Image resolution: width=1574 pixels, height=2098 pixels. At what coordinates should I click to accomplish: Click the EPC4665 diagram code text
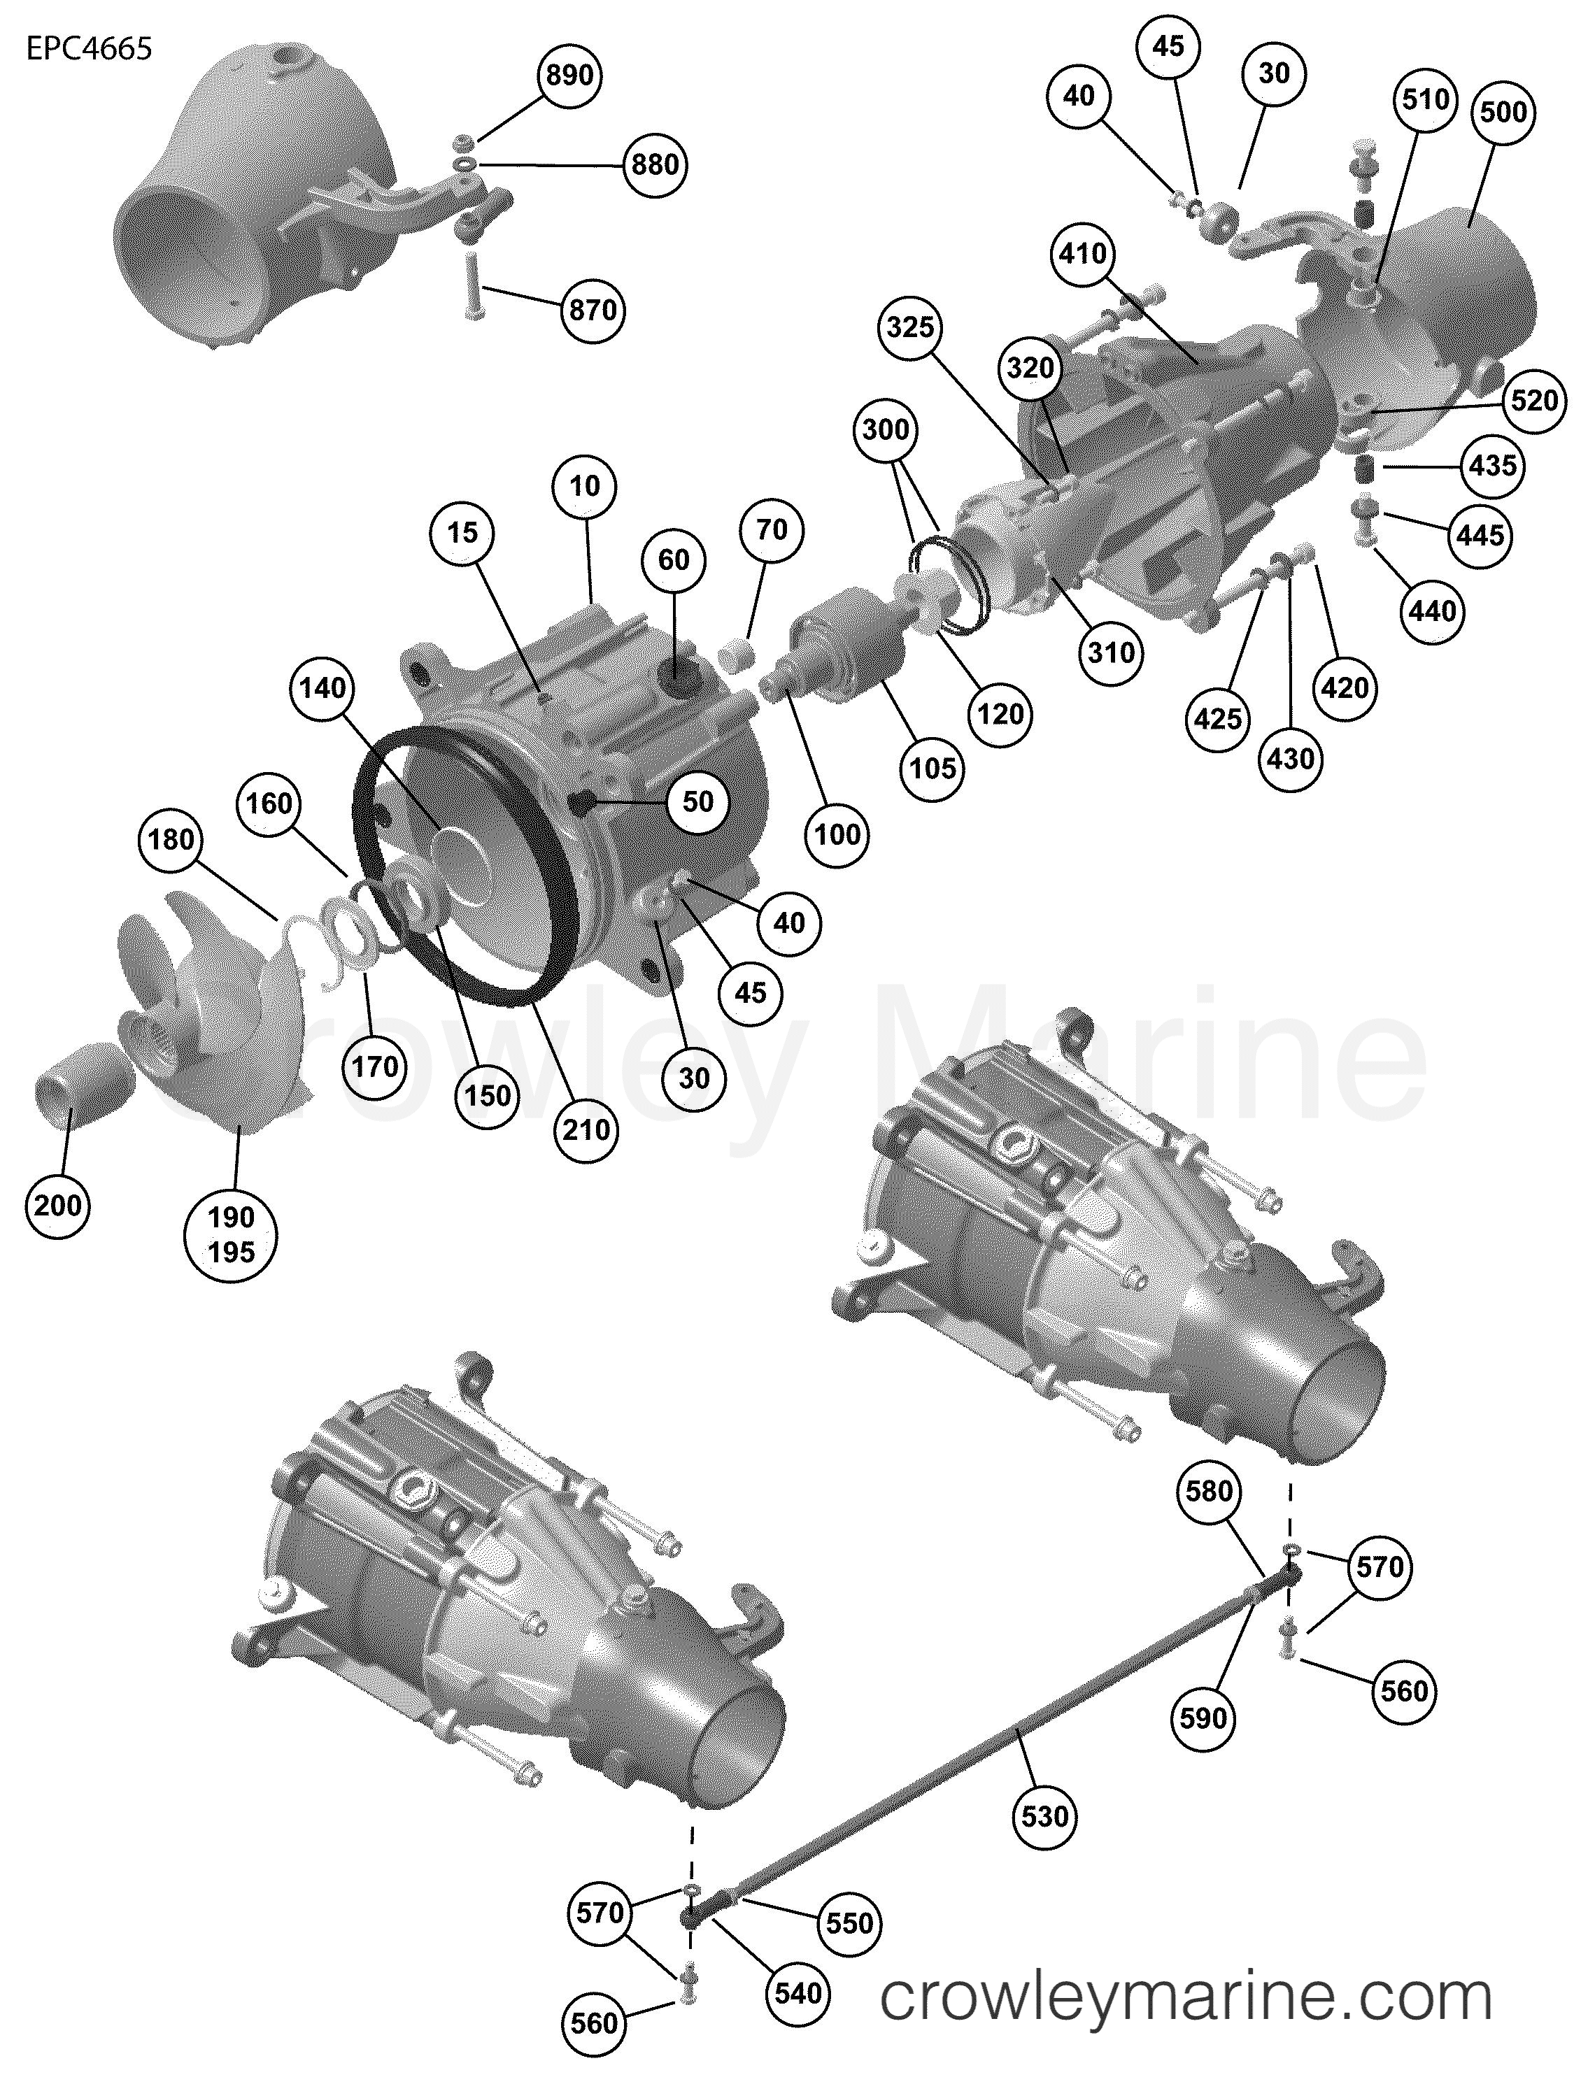point(88,48)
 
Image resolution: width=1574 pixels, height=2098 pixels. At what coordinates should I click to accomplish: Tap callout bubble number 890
point(569,74)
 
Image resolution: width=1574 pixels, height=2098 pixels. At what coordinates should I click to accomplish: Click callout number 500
point(1503,112)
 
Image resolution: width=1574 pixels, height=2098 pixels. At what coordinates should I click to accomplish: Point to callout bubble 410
point(1082,253)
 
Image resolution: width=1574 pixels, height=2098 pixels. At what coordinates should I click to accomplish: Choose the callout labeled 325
point(910,327)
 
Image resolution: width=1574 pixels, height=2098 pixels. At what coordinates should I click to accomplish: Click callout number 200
point(58,1206)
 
